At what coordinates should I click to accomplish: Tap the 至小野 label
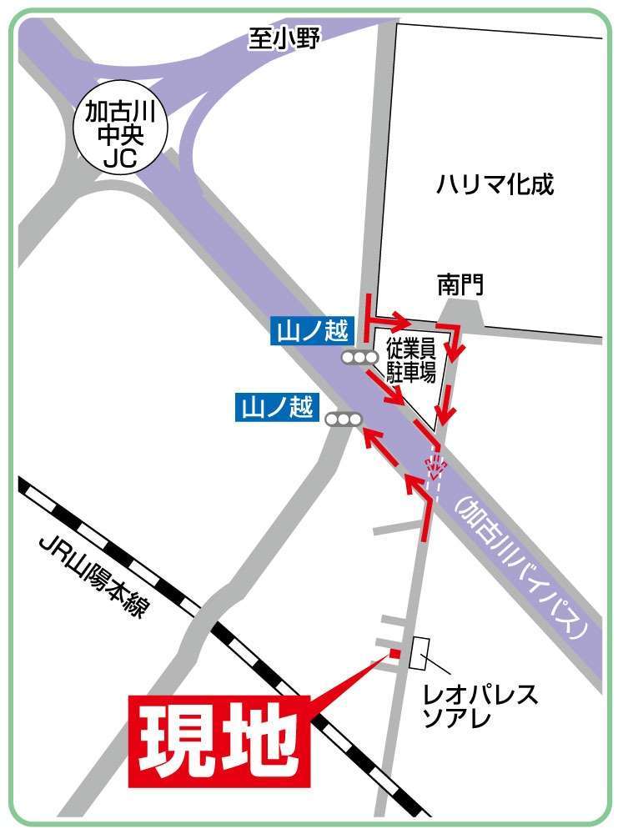283,38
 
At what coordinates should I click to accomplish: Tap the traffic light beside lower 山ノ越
344,420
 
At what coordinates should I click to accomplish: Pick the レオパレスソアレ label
480,705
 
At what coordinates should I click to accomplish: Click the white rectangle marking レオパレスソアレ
419,653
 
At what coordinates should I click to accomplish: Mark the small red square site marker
395,653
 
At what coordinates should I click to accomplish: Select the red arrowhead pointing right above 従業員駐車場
402,321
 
